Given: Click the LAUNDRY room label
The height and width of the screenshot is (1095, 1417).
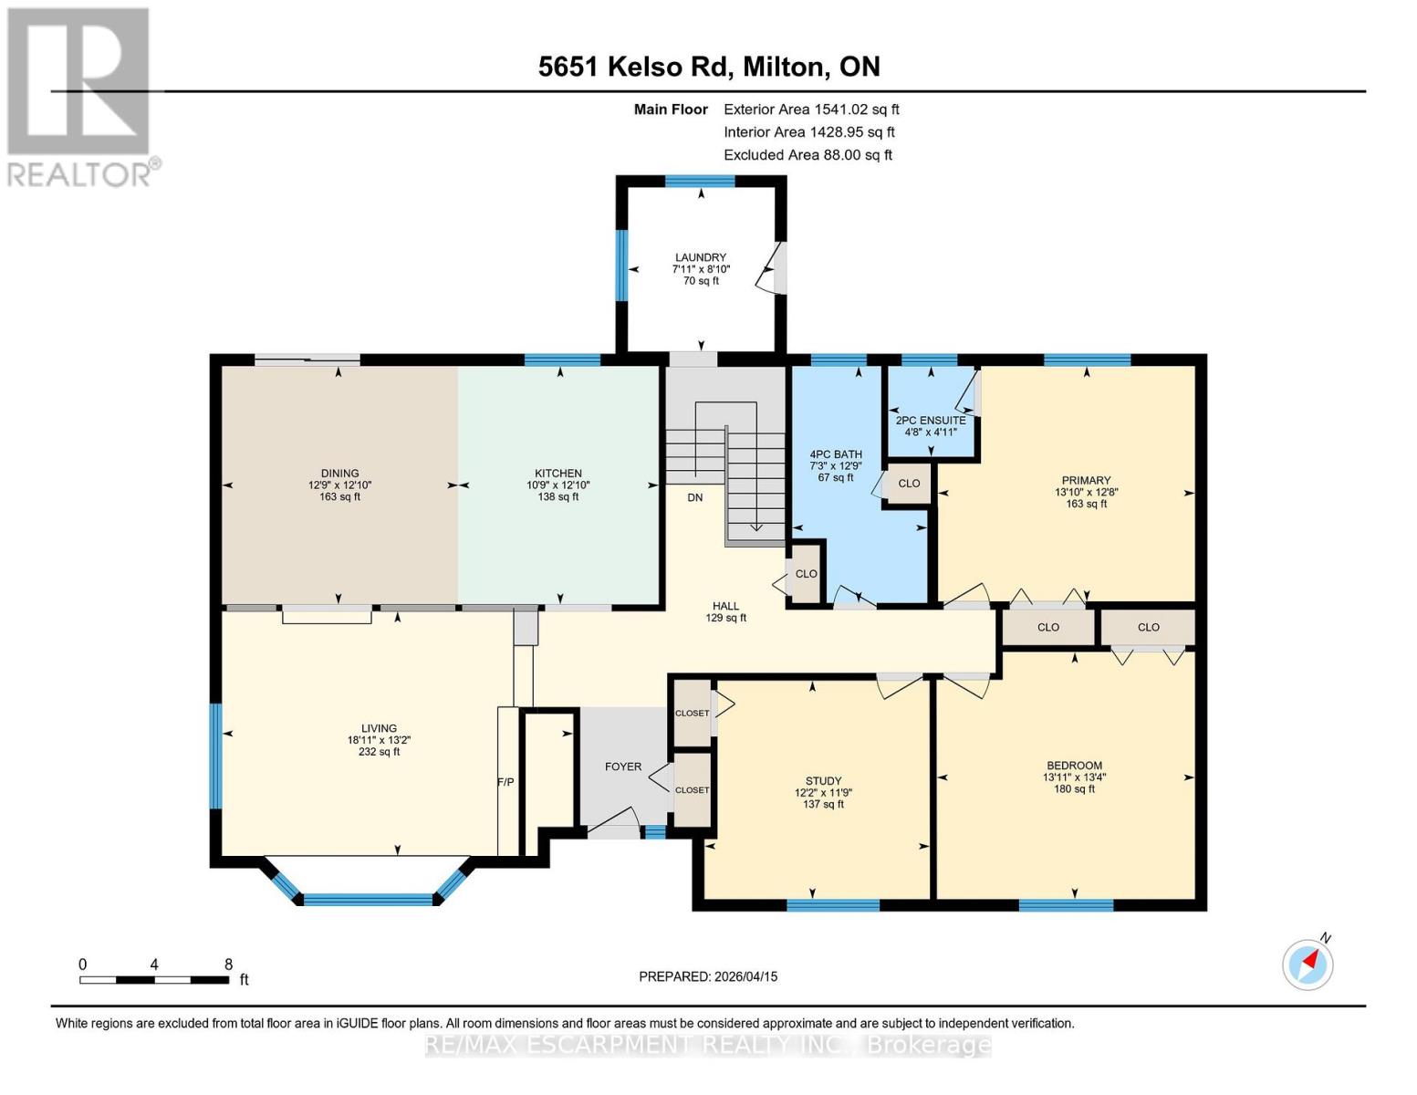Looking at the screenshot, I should coord(700,257).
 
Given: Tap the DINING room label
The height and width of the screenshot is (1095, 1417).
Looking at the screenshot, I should coord(339,474).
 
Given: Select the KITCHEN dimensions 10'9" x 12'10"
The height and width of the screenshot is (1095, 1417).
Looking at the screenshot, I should coord(558,485).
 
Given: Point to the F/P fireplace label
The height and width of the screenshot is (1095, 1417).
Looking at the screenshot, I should coord(505,782).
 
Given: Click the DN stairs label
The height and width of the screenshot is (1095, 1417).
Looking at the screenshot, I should coord(695,497).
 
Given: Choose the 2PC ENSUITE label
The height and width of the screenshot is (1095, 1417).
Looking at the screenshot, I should coord(930,421).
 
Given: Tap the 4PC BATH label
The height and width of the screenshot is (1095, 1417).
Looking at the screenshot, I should coord(835,454).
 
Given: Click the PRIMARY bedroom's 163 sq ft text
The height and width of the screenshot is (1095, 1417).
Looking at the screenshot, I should coord(1086,504).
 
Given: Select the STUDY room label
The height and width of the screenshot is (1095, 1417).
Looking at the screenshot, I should coord(823,781).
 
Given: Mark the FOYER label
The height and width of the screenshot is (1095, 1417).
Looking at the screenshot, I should coord(623,766).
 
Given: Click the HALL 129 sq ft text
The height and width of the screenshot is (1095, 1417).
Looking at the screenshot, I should coord(725,618).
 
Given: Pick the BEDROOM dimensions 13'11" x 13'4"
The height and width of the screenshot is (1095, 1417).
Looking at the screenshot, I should coord(1074,777).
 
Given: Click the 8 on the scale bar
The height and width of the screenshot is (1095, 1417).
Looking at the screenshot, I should coord(228,965).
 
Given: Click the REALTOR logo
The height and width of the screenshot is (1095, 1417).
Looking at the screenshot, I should coord(79,96).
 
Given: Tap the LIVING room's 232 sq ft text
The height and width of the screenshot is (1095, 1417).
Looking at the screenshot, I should coord(379,752).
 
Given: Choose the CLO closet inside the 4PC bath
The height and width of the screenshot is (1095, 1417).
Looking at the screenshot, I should coord(909,484).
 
